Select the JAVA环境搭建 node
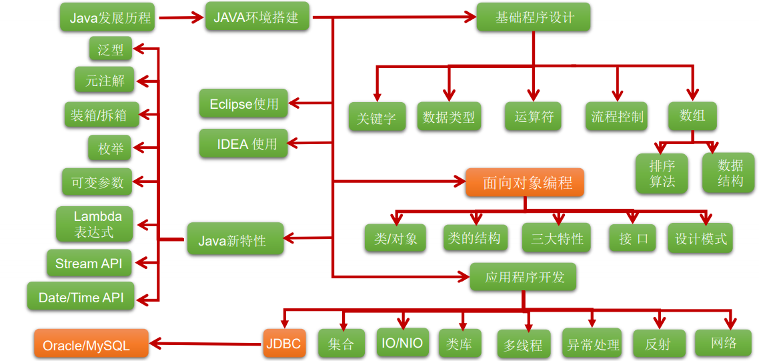(256, 17)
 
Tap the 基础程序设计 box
(534, 17)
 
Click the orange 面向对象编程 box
(525, 182)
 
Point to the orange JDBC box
(283, 344)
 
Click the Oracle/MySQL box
(91, 345)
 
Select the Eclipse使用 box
(243, 104)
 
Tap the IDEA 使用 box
(243, 143)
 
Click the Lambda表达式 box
(94, 224)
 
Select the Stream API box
(89, 264)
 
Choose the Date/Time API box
(81, 298)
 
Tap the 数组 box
(692, 116)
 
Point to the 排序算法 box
(662, 173)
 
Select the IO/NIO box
(402, 343)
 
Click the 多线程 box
(524, 346)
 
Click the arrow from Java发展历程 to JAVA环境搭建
(180, 18)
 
